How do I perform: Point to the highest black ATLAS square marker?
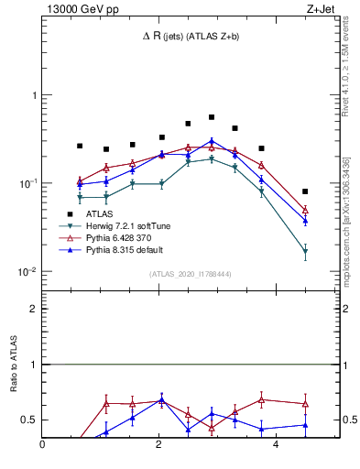[x=212, y=117]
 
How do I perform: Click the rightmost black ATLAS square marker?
[x=305, y=191]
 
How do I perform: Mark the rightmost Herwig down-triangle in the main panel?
[x=305, y=251]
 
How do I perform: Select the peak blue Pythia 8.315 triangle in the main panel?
[x=212, y=141]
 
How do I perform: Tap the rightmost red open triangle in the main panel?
[x=305, y=210]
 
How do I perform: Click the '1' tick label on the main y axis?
[x=33, y=95]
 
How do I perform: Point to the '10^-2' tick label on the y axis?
[x=27, y=272]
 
